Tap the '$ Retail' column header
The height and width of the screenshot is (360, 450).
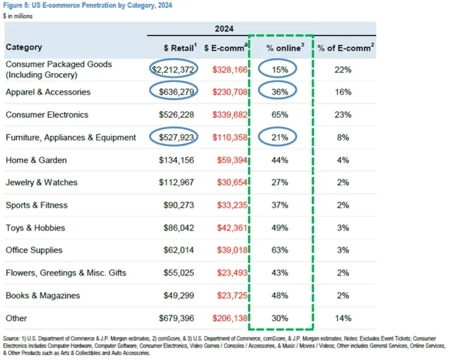coord(172,48)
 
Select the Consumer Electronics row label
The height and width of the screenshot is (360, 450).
coord(47,115)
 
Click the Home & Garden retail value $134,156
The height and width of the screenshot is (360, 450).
coord(177,160)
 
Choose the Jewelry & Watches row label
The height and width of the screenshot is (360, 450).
coord(42,183)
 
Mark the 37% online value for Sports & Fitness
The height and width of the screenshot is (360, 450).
coord(280,205)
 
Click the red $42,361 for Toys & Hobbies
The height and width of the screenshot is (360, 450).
coord(231,228)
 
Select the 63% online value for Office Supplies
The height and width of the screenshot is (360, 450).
coord(280,250)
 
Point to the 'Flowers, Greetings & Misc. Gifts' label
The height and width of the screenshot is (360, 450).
coord(66,273)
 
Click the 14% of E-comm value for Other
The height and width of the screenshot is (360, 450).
coord(343,318)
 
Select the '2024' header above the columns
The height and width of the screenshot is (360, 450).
coord(224,29)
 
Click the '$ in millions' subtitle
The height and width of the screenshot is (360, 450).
coord(18,16)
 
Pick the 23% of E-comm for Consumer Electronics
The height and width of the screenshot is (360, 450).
coord(343,115)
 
